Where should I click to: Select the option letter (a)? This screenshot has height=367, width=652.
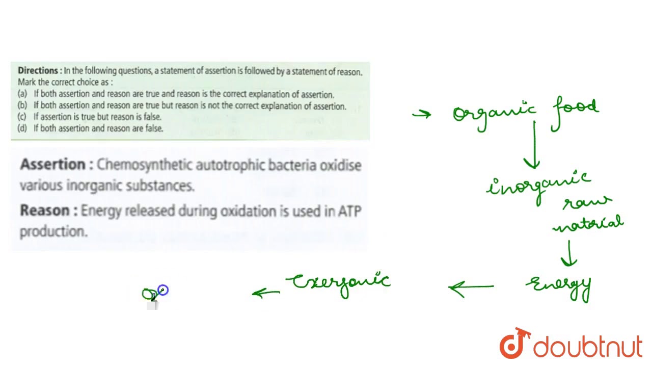tap(22, 94)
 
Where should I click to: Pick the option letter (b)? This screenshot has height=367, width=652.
tap(22, 106)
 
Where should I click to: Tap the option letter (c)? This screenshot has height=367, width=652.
tap(22, 117)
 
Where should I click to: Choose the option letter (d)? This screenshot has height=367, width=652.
tap(22, 128)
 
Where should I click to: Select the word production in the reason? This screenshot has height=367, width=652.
tap(53, 231)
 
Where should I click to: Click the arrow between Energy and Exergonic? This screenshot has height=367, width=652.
tap(471, 287)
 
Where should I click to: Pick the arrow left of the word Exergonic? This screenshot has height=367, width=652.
tap(266, 293)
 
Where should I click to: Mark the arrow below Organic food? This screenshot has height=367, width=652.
tap(533, 145)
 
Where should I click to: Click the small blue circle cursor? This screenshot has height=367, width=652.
tap(162, 290)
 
